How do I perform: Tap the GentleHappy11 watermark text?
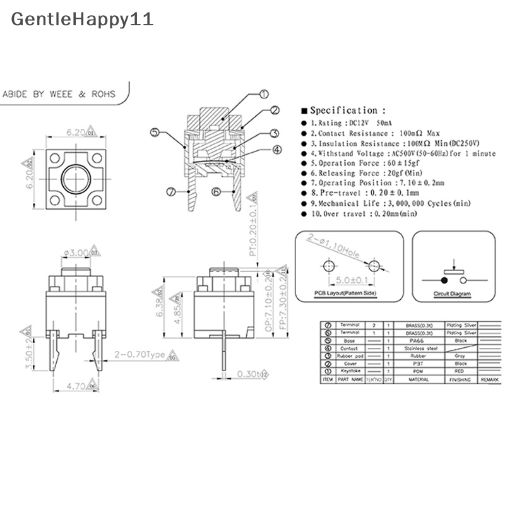coord(82,19)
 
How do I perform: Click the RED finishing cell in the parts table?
coord(461,371)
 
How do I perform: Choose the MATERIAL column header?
coord(418,379)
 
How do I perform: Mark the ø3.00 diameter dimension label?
coord(75,253)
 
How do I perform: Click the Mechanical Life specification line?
coord(377,203)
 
